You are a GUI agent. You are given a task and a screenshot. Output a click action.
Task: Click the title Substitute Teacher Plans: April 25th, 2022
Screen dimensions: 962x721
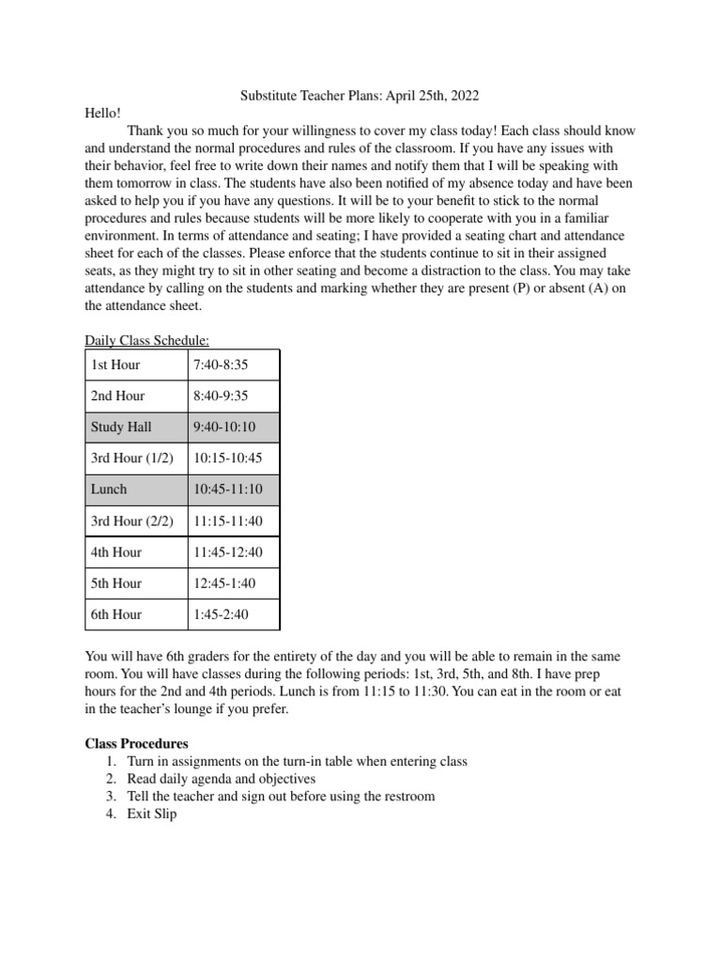(360, 95)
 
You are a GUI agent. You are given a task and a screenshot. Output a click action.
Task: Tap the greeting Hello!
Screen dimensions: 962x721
(103, 113)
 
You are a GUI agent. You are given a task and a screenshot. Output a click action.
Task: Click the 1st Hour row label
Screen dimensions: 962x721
(115, 365)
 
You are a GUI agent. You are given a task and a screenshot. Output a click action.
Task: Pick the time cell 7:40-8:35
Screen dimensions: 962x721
(221, 365)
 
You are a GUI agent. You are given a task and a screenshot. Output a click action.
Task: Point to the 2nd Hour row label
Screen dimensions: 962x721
(117, 396)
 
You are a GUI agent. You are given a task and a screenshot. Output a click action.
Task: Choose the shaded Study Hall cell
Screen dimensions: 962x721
(121, 427)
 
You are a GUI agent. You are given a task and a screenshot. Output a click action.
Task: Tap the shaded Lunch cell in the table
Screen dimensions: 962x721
(109, 489)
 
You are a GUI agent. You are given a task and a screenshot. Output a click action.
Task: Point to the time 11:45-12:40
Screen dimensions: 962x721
(228, 551)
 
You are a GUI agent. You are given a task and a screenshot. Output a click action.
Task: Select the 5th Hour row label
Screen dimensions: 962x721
(116, 582)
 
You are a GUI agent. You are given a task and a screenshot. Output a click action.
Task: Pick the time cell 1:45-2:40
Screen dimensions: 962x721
(221, 613)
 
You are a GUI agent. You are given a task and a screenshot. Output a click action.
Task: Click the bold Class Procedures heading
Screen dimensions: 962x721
(137, 743)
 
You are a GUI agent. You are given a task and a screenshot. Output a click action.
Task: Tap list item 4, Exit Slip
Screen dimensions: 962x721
(151, 815)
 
